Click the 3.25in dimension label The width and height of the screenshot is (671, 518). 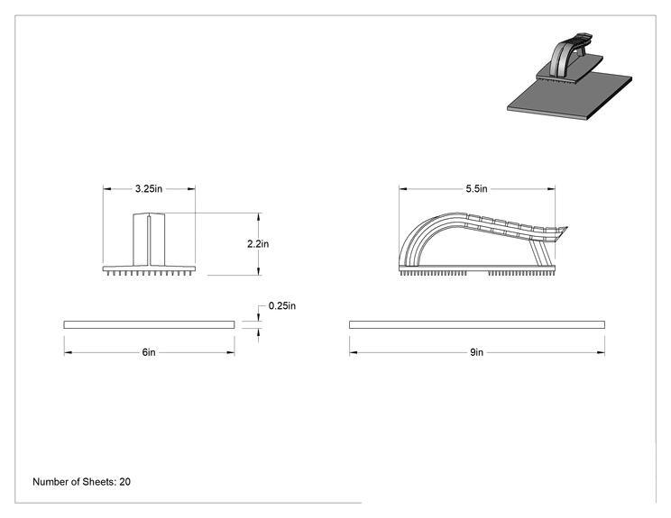coord(149,188)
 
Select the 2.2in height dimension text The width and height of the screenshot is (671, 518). coord(258,243)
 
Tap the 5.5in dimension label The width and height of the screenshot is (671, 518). coord(476,188)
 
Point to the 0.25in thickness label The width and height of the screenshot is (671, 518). coord(282,305)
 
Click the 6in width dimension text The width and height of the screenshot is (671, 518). coord(149,352)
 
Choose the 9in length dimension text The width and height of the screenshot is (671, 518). coord(477,352)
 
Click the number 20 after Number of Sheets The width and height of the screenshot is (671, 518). coord(125,482)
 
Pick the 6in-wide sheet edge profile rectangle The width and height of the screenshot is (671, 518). coord(149,325)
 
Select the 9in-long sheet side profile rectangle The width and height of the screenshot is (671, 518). coord(477,325)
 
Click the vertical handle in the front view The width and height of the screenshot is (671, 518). coord(149,240)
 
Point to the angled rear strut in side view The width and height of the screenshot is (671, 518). coord(540,253)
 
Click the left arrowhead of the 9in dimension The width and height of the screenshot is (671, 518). coord(353,352)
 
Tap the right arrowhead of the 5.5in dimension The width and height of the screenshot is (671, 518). coord(551,188)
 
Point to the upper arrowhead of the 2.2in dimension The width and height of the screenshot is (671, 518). coord(258,217)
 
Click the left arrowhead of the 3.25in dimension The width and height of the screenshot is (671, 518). coord(107,188)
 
